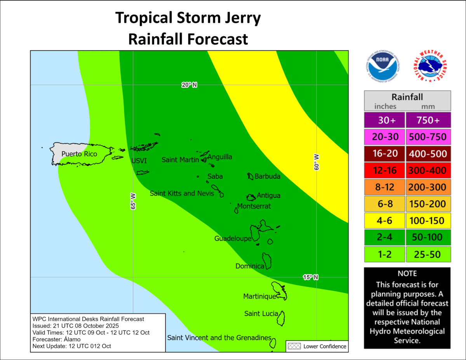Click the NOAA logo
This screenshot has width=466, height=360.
pyautogui.click(x=383, y=67)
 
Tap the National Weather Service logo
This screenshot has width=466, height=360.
pyautogui.click(x=428, y=67)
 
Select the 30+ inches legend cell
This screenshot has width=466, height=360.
pyautogui.click(x=384, y=120)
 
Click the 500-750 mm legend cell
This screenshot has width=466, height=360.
pyautogui.click(x=427, y=136)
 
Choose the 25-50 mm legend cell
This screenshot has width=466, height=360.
pyautogui.click(x=427, y=254)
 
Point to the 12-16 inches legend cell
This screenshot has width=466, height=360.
pyautogui.click(x=384, y=170)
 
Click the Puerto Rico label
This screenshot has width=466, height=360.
pyautogui.click(x=79, y=154)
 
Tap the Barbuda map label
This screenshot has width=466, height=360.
pyautogui.click(x=267, y=177)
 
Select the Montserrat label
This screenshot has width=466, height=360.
pyautogui.click(x=254, y=206)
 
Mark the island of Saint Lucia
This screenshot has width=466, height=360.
pyautogui.click(x=281, y=318)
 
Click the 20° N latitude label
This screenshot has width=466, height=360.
pyautogui.click(x=190, y=85)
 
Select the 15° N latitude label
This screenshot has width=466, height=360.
pyautogui.click(x=311, y=277)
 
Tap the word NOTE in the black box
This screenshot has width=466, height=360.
pyautogui.click(x=407, y=273)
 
